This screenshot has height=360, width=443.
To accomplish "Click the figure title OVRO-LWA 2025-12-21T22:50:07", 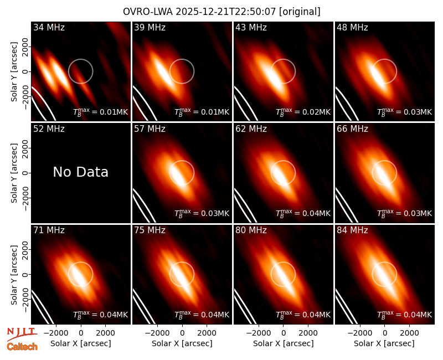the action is pyautogui.click(x=200, y=12).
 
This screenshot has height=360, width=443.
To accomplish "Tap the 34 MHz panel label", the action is pyautogui.click(x=49, y=27).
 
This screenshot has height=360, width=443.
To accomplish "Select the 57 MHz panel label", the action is pyautogui.click(x=150, y=129).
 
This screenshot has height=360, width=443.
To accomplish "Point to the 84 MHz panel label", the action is pyautogui.click(x=352, y=230).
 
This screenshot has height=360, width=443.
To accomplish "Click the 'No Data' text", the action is pyautogui.click(x=80, y=172).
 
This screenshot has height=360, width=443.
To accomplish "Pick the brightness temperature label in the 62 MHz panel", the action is pyautogui.click(x=303, y=213).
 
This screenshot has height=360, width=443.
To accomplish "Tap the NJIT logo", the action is pyautogui.click(x=22, y=334).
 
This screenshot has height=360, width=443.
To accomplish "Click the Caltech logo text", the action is pyautogui.click(x=22, y=347).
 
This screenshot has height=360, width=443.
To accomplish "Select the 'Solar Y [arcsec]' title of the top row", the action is pyautogui.click(x=14, y=72).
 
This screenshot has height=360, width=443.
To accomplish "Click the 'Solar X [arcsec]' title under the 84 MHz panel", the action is pyautogui.click(x=384, y=343).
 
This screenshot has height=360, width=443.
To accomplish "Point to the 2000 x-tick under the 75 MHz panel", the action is pyautogui.click(x=207, y=333).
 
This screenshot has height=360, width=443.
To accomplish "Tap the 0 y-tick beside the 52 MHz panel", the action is pyautogui.click(x=25, y=173).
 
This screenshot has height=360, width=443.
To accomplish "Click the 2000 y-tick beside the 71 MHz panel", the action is pyautogui.click(x=25, y=250).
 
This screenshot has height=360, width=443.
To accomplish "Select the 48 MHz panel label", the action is pyautogui.click(x=352, y=27).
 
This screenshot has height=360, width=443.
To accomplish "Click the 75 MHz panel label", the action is pyautogui.click(x=150, y=230).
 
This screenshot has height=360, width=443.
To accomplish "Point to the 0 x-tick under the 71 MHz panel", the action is pyautogui.click(x=81, y=333).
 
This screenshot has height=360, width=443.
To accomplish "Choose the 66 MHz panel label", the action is pyautogui.click(x=352, y=129).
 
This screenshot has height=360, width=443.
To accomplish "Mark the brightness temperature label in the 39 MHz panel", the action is pyautogui.click(x=202, y=112).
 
